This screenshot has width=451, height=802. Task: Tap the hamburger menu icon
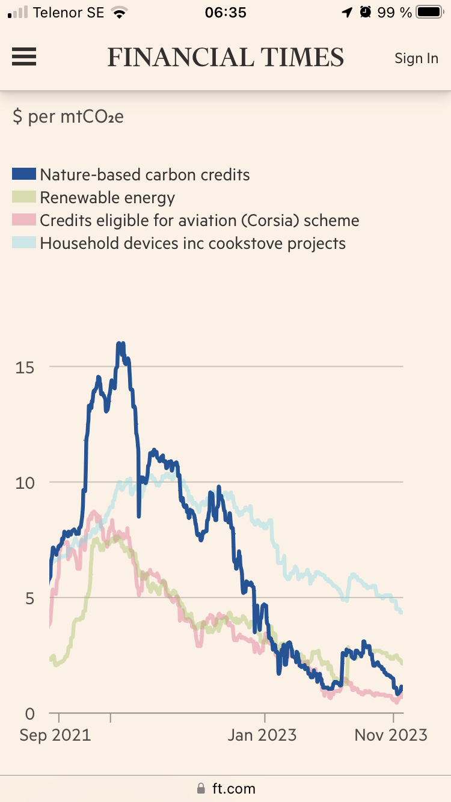pyautogui.click(x=24, y=57)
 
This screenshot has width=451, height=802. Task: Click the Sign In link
pyautogui.click(x=416, y=58)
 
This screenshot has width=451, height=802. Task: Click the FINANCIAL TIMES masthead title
pyautogui.click(x=226, y=58)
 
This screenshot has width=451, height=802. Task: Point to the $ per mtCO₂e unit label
pyautogui.click(x=68, y=116)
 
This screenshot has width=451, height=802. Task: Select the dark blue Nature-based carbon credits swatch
pyautogui.click(x=24, y=175)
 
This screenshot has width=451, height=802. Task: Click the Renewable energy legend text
pyautogui.click(x=108, y=198)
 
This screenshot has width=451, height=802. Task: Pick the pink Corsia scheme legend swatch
pyautogui.click(x=24, y=221)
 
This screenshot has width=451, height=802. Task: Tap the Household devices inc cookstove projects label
pyautogui.click(x=193, y=243)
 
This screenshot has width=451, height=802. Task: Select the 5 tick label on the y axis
pyautogui.click(x=28, y=598)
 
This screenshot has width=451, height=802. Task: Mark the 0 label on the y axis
pyautogui.click(x=28, y=714)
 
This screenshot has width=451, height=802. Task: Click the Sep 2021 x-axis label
pyautogui.click(x=55, y=735)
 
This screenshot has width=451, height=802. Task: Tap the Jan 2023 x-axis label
pyautogui.click(x=262, y=735)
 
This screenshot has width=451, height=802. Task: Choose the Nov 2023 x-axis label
pyautogui.click(x=391, y=735)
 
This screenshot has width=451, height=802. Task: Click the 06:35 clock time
pyautogui.click(x=226, y=13)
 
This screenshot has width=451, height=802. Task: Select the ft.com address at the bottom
pyautogui.click(x=233, y=788)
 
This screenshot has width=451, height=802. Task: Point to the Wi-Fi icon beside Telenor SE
pyautogui.click(x=120, y=13)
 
